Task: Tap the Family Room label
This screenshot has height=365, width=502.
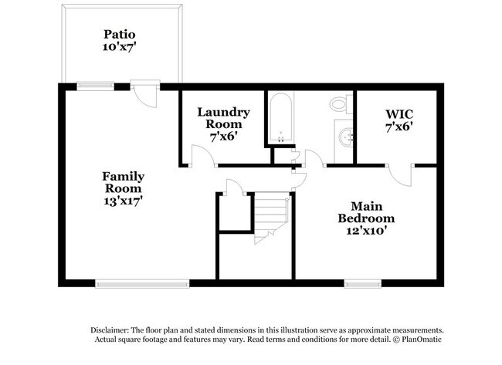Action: click(x=124, y=183)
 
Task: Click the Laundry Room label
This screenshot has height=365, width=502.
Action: click(x=223, y=118)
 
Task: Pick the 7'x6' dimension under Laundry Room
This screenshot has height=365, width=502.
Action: click(x=223, y=135)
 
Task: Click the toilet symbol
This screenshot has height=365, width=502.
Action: click(x=339, y=104)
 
